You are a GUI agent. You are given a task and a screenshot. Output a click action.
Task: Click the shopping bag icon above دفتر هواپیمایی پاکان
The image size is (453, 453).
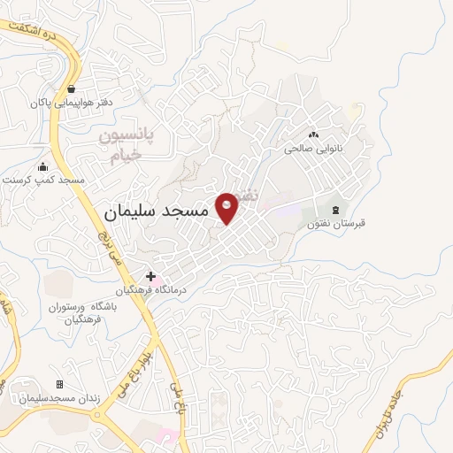(x=70, y=89)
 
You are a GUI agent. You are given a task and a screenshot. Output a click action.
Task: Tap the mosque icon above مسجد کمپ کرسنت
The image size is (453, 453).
(x=42, y=166)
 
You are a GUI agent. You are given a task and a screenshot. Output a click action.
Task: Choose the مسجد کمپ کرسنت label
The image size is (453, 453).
(x=43, y=180)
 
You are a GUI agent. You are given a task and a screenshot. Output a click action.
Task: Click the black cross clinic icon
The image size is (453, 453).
(x=150, y=277)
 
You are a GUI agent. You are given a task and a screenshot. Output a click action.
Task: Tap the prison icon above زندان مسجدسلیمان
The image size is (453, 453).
(x=59, y=384)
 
